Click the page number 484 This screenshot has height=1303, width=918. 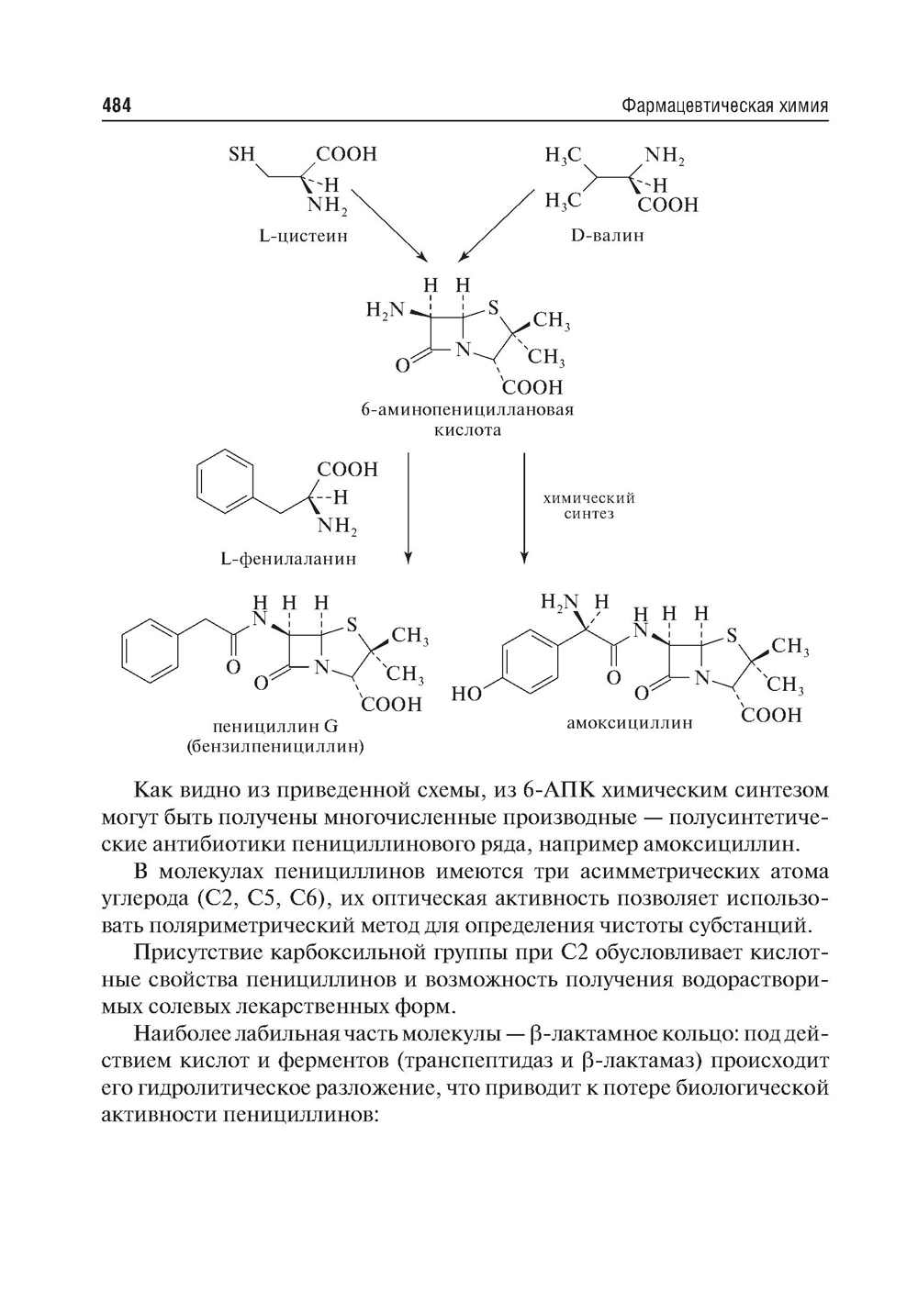pos(117,106)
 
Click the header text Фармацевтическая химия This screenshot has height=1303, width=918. pos(724,106)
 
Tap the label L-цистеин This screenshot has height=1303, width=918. pos(303,236)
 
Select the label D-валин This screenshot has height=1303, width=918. pos(607,236)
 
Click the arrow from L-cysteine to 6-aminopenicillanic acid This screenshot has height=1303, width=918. pos(389,225)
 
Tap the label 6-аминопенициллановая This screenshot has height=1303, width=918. pos(467,409)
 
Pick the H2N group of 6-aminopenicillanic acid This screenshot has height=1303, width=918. pos(383,310)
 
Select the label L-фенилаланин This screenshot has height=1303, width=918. pos(288,558)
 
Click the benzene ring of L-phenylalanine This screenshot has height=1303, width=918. pos(223,485)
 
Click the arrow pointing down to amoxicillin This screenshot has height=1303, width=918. pos(524,505)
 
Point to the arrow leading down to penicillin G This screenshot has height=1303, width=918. pos(409,505)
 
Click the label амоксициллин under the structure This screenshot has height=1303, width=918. pos(629,723)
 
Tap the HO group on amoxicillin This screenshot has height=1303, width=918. pos(467,694)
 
